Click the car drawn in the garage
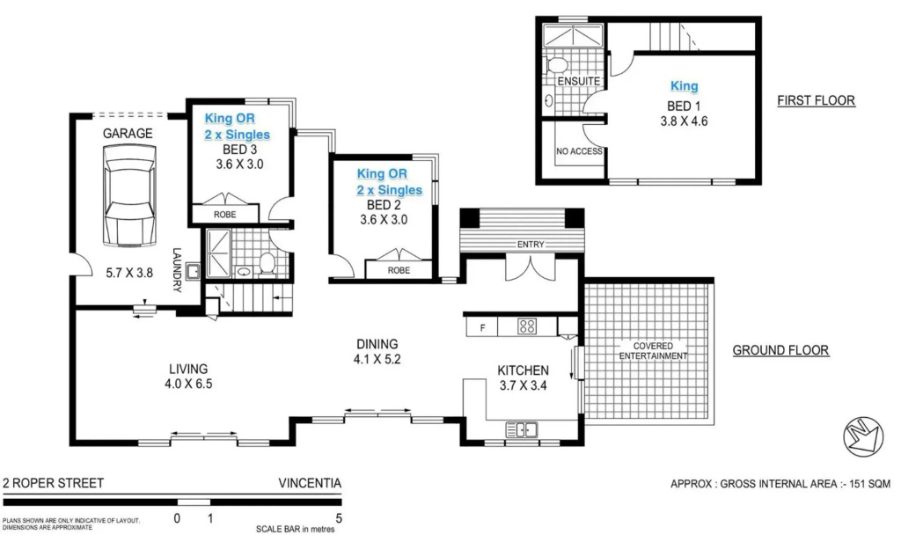[128, 195]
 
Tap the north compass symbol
[863, 437]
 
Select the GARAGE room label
[128, 134]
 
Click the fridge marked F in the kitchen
[482, 327]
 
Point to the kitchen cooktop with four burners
[527, 326]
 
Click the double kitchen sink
[522, 429]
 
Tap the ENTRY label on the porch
[531, 245]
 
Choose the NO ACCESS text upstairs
[579, 151]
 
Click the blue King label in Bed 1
[684, 86]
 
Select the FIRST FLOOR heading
[816, 100]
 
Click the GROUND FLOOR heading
[780, 350]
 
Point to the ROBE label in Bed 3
[224, 215]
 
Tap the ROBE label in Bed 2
[399, 270]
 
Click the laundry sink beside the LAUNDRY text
[193, 270]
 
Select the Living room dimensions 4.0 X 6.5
[188, 384]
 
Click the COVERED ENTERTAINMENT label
[653, 350]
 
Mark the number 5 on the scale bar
[339, 518]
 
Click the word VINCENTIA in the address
[310, 483]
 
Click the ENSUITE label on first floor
[579, 82]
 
